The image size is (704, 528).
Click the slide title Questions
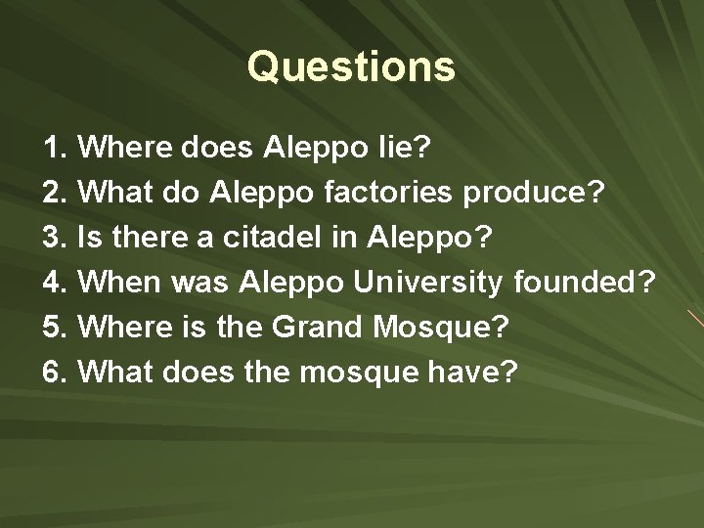(351, 66)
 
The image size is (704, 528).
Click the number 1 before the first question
(52, 150)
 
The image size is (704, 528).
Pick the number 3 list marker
(52, 235)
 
